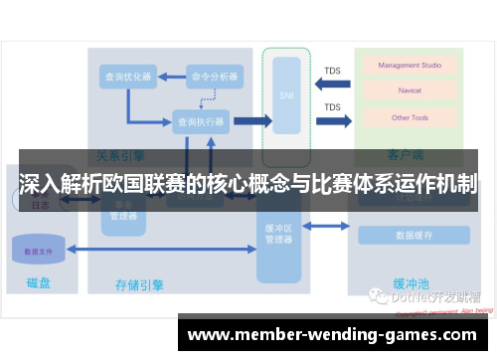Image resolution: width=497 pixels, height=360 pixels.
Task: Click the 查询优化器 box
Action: point(127,76)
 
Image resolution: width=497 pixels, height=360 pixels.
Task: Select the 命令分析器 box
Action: point(215,76)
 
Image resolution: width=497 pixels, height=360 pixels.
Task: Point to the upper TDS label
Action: point(332,70)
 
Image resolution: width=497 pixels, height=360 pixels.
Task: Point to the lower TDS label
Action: point(332,107)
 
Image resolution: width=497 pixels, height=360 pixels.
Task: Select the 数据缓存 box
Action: point(414,236)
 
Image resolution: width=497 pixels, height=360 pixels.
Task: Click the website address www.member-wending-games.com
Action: point(332,335)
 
